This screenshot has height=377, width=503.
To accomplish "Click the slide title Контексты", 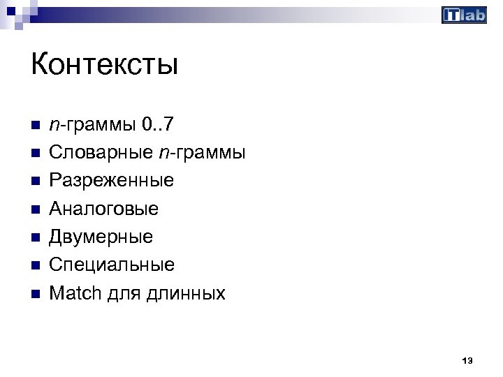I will (x=105, y=66).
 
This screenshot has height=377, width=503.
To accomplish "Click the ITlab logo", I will (x=464, y=15).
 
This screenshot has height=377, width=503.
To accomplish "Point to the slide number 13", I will (x=467, y=360).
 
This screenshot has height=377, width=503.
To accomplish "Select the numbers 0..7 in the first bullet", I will (x=158, y=125).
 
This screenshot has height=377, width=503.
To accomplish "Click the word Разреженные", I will (x=112, y=181).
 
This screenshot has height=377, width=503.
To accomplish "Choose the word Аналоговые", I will (x=104, y=209).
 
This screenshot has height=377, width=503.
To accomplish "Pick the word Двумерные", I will (x=101, y=237).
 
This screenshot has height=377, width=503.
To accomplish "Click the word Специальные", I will (x=112, y=265).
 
